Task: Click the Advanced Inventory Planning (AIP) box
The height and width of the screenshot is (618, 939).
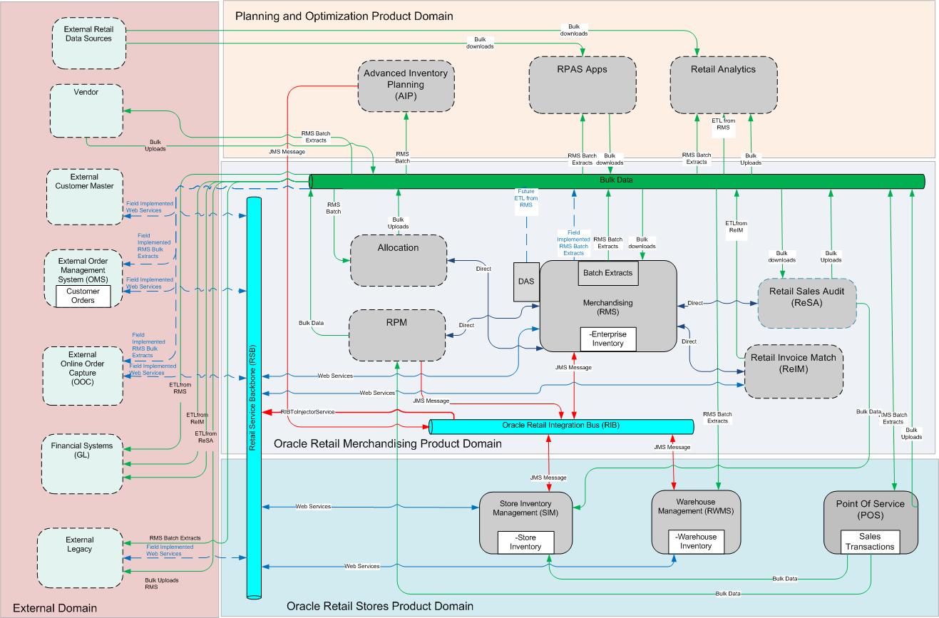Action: (406, 86)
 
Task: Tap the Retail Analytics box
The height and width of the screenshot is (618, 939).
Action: (723, 84)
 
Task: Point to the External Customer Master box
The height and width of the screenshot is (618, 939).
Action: (86, 195)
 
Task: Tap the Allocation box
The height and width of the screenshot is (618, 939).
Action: (398, 261)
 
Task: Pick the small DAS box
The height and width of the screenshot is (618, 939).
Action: (526, 282)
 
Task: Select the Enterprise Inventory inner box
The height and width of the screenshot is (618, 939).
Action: (607, 339)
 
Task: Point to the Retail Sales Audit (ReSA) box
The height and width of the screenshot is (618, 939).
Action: (806, 303)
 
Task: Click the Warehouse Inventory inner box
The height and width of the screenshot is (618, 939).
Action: (696, 541)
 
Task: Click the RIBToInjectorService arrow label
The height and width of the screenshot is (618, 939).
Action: (308, 412)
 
